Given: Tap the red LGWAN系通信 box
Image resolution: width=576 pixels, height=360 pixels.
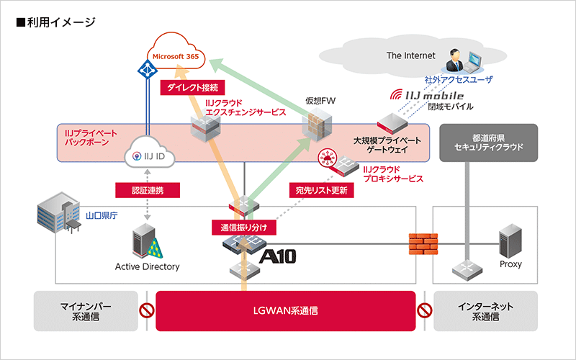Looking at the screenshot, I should pos(285,311).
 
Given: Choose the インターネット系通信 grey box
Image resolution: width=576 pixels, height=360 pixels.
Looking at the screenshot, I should pos(485,311).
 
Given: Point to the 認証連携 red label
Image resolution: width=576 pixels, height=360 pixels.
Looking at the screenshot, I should pos(147,190).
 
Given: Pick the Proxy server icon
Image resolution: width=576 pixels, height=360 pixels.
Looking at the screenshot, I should pos(510,242).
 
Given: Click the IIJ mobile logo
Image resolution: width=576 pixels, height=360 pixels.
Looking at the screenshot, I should pos(427,95).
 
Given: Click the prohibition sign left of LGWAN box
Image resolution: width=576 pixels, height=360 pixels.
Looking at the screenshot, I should pos(147,312).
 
